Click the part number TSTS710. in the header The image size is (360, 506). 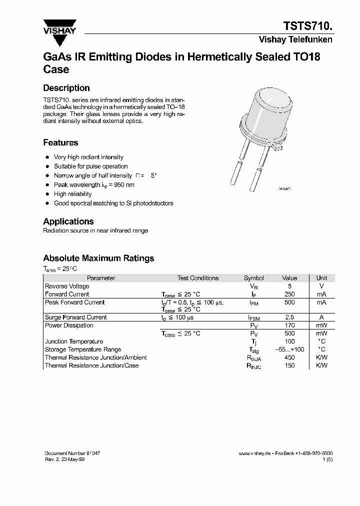pos(308,26)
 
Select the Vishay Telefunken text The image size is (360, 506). pos(295,40)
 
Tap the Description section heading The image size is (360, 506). pos(66,88)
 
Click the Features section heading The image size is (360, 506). pos(60,142)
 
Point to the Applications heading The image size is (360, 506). pos(68,221)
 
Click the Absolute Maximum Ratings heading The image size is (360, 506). pos(98,258)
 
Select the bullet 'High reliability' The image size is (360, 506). pos(73,194)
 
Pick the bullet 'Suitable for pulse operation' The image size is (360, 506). pos(91,166)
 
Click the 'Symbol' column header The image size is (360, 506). pos(253,278)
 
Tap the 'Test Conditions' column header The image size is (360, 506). pos(198,278)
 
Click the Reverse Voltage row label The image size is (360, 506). pos(67,286)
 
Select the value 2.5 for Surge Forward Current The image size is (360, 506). pos(289,317)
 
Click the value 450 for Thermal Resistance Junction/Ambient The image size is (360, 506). pos(289,357)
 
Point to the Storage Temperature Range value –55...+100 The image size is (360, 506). pos(289,349)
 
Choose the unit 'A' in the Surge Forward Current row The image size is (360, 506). pos(321,317)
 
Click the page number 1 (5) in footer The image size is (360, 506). pos(327,459)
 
